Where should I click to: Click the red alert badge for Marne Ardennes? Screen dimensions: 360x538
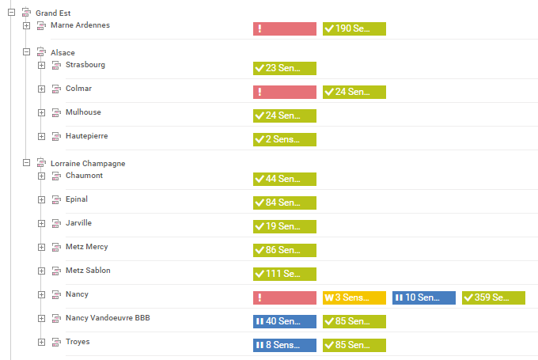click(284, 28)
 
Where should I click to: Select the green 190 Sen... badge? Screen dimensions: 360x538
click(354, 28)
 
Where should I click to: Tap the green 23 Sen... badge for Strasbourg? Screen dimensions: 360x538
click(284, 68)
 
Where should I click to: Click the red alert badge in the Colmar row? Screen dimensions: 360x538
click(284, 92)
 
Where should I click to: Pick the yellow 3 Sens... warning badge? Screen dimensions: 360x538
click(354, 297)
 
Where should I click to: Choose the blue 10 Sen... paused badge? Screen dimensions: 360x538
click(423, 297)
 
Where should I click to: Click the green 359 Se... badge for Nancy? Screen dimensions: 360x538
click(493, 297)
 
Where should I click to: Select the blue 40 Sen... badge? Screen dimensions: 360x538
click(284, 321)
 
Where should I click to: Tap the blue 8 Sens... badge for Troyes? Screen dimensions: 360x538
click(284, 345)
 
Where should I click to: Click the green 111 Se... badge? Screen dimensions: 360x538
click(284, 274)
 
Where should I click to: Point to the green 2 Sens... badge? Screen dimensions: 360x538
click(284, 139)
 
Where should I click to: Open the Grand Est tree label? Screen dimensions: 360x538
click(52, 13)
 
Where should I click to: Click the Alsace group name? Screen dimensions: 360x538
click(63, 53)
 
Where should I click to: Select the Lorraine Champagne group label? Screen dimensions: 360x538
click(88, 164)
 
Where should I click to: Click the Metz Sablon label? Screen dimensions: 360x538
click(88, 271)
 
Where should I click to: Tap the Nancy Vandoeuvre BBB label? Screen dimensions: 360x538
click(108, 318)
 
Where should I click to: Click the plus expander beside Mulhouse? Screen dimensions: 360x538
click(42, 112)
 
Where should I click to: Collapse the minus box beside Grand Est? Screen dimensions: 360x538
click(12, 13)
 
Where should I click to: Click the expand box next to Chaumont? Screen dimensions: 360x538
click(42, 176)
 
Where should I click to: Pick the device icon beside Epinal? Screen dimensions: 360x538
click(56, 199)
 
